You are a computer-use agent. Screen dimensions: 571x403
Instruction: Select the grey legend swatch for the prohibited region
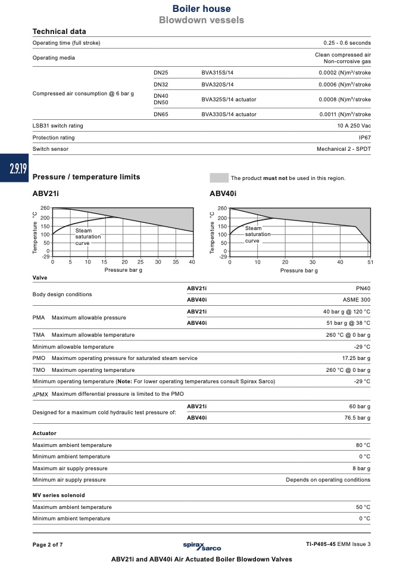219,178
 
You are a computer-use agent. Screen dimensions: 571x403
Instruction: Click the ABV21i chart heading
46,194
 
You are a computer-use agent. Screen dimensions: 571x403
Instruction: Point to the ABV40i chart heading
223,194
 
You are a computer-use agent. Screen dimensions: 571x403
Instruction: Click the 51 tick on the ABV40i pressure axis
370,262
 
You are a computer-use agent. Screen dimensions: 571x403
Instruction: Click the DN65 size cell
161,114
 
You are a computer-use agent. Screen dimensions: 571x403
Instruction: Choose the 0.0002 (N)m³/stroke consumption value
344,73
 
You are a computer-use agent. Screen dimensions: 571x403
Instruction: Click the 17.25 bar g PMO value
356,358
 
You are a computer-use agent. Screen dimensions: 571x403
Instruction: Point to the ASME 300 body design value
357,300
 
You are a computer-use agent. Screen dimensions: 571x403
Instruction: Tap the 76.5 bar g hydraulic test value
357,417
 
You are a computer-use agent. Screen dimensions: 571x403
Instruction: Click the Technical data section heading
59,32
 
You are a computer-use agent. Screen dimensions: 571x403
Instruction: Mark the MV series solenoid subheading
58,495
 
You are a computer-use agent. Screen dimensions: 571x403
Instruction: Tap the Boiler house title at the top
201,9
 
